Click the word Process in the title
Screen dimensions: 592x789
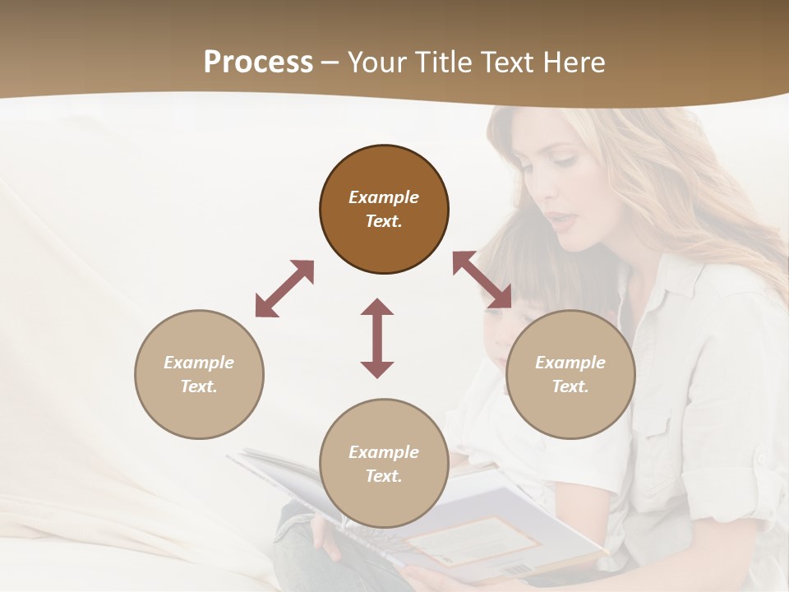coord(258,62)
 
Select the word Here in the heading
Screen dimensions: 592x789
coord(574,62)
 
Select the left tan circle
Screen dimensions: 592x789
coord(199,374)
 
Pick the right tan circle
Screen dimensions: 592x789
coord(570,374)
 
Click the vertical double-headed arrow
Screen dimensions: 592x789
coord(377,338)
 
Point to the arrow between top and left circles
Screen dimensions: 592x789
coord(284,289)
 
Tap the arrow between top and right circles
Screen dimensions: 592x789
coord(482,280)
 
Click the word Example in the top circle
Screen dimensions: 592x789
coord(384,197)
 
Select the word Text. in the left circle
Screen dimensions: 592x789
coord(199,386)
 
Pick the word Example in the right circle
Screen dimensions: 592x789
coord(570,363)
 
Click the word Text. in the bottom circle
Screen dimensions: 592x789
coord(384,476)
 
